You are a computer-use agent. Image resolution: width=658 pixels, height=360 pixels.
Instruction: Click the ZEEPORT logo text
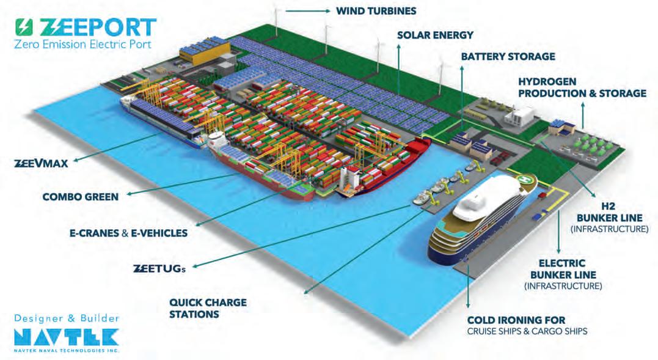pos(98,27)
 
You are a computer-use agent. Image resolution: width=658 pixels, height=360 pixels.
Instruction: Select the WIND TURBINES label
pos(376,10)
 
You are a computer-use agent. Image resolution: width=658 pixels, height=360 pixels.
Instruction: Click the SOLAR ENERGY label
pos(435,35)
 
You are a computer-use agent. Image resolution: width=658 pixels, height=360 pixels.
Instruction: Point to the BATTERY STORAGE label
pos(508,57)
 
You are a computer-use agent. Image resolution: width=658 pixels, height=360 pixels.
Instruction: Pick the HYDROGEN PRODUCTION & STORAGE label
pos(582,87)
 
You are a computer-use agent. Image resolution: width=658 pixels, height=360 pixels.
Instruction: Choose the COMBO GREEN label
pos(80,197)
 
